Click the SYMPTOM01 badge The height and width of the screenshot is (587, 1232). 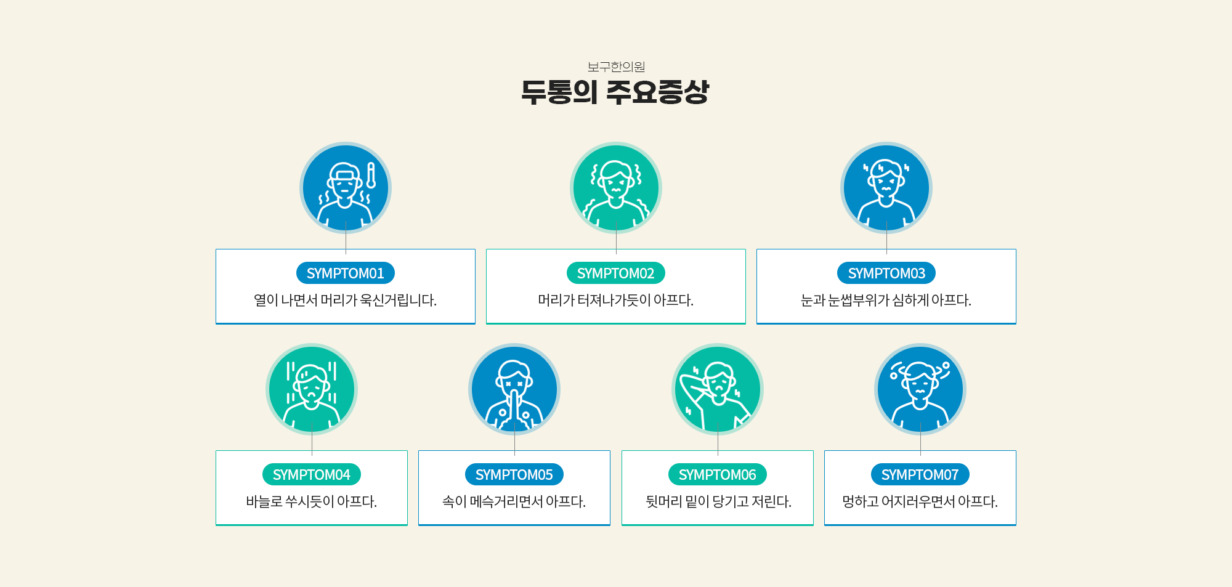point(346,273)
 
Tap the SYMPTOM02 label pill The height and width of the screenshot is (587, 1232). point(616,273)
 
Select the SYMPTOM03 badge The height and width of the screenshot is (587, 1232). point(886,273)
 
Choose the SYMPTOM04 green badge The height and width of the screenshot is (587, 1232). point(312,474)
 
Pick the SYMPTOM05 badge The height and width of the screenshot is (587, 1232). point(514,474)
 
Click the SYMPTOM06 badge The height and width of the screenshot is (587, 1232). point(718,474)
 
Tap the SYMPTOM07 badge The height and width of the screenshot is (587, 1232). point(920,474)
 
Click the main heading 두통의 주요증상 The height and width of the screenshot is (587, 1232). point(615,92)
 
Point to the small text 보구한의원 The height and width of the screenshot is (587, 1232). point(616,67)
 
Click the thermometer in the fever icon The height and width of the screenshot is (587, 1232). point(371,176)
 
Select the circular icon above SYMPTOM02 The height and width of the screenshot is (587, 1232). point(616,188)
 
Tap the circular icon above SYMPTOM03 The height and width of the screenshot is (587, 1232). point(886,188)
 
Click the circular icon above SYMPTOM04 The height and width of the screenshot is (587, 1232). point(312,389)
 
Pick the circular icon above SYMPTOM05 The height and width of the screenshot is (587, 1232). point(514,389)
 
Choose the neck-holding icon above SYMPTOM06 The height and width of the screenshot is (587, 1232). point(718,389)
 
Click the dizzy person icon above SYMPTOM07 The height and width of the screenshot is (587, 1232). point(920,389)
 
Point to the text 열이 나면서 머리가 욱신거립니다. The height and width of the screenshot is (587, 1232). point(346,300)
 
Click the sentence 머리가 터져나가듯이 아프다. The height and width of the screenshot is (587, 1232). point(616,300)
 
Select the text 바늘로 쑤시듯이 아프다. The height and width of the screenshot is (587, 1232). point(312,501)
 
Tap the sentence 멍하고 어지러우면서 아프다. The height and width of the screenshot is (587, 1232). point(920,501)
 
